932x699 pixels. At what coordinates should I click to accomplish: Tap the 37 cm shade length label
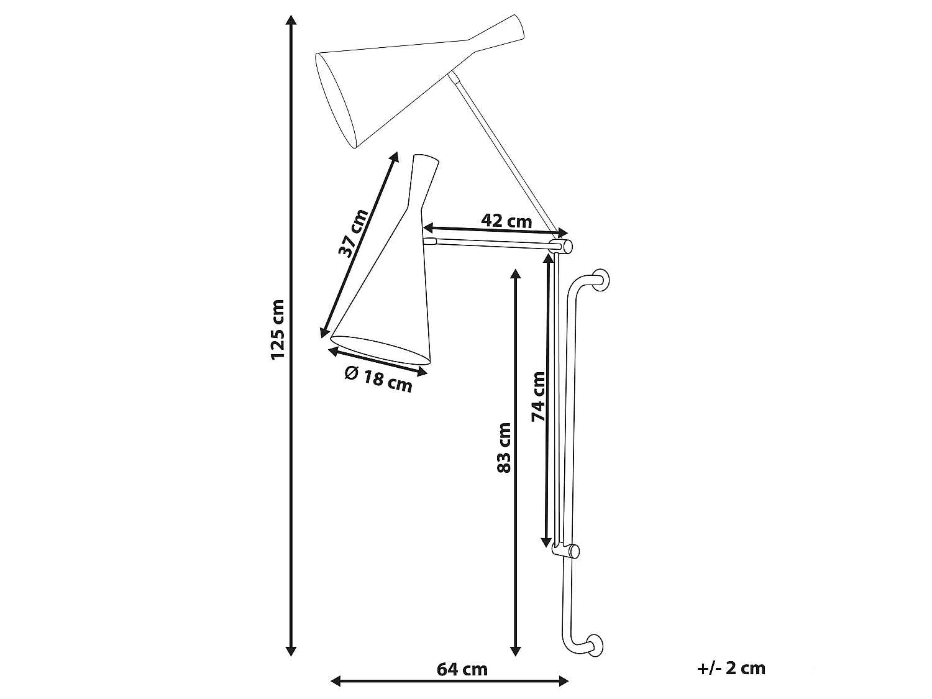coord(353,233)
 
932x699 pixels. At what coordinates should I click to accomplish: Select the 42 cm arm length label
coord(506,221)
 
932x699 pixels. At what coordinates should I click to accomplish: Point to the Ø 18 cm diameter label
coord(378,380)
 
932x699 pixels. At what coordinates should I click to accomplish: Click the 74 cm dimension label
coord(538,396)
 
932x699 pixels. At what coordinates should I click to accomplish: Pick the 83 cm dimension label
coord(503,448)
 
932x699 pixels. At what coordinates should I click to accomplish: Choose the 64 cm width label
coord(462,670)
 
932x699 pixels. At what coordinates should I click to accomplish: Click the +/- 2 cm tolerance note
coord(731,669)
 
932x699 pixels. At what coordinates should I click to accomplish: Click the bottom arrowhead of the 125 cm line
coord(291,651)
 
